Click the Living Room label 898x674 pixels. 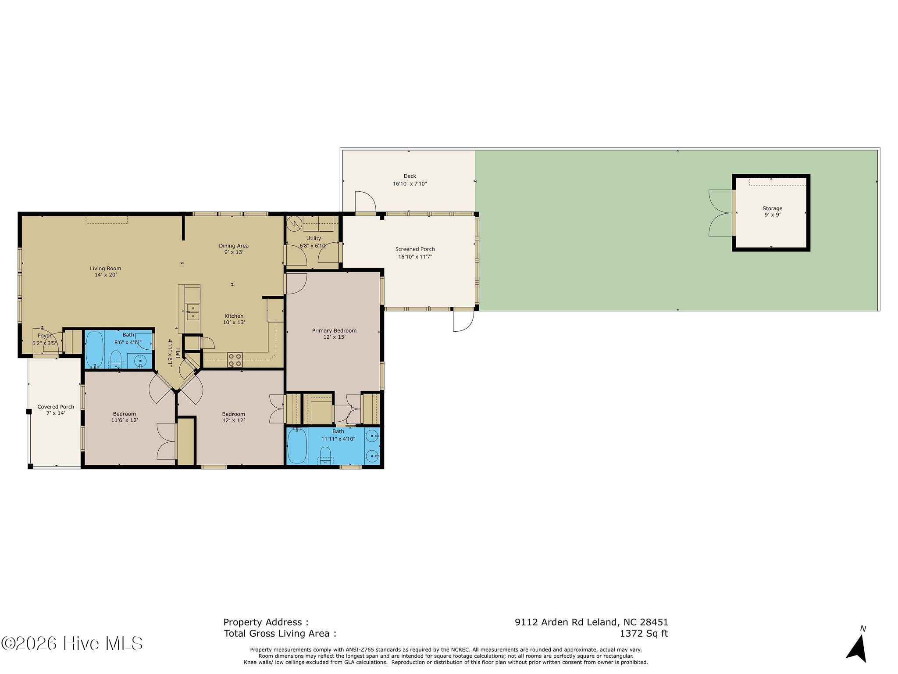tap(105, 269)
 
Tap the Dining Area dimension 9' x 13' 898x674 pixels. tap(233, 252)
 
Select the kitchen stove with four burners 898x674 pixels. tap(235, 360)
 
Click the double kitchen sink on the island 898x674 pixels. tap(192, 312)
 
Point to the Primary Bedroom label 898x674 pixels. tap(334, 330)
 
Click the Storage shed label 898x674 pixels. tap(772, 208)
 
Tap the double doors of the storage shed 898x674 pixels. tap(720, 213)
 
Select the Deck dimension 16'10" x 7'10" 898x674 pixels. tap(410, 184)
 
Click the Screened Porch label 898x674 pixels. tap(415, 249)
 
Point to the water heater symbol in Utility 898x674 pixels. tap(293, 224)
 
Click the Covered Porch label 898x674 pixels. tap(56, 407)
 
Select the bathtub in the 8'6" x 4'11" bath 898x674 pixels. tap(94, 349)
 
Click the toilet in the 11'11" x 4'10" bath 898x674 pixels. tap(325, 455)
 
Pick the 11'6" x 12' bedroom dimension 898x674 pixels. tap(125, 420)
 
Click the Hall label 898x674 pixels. tap(178, 353)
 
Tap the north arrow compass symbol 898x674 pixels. tap(857, 647)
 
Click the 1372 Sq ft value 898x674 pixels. tap(643, 634)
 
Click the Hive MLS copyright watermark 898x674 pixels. tap(72, 643)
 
